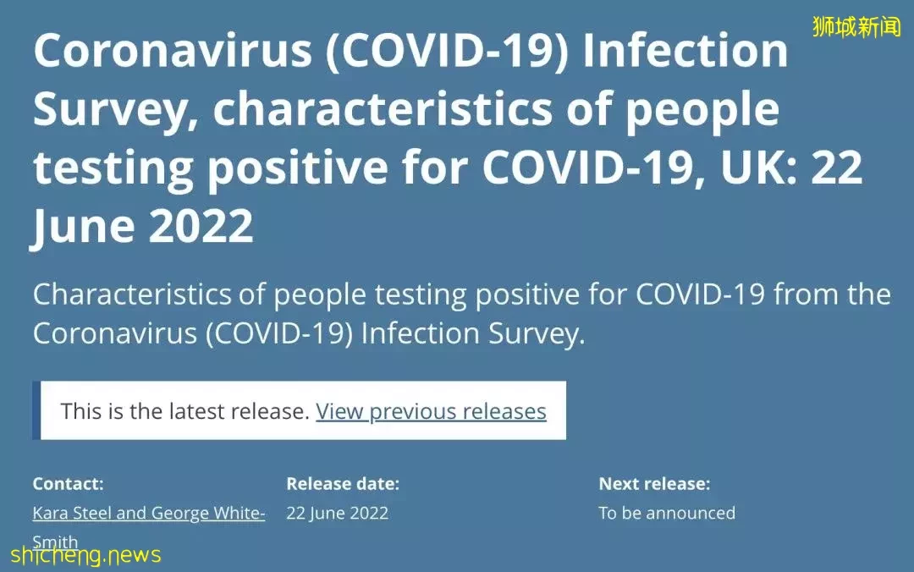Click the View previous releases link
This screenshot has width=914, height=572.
coord(431,411)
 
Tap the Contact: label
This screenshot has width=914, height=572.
coord(69,483)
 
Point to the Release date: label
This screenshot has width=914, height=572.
coord(343,483)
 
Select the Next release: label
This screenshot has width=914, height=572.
coord(654,483)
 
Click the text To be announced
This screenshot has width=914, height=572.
coord(667,513)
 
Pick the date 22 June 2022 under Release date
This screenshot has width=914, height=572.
coord(337,513)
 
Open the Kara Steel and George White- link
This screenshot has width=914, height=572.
coord(149,513)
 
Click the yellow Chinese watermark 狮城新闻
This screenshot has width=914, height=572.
coord(856,27)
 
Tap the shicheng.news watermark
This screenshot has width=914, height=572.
coord(85,554)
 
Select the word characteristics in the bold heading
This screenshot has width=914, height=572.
coord(383,108)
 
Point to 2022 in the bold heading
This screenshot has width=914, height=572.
coord(201,225)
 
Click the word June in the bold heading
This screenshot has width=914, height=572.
coord(83,228)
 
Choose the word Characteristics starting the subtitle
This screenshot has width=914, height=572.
coord(132,294)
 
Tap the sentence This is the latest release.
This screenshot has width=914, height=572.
coord(184,411)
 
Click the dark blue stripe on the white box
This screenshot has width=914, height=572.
coord(36,410)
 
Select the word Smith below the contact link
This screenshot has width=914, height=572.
coord(55,542)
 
